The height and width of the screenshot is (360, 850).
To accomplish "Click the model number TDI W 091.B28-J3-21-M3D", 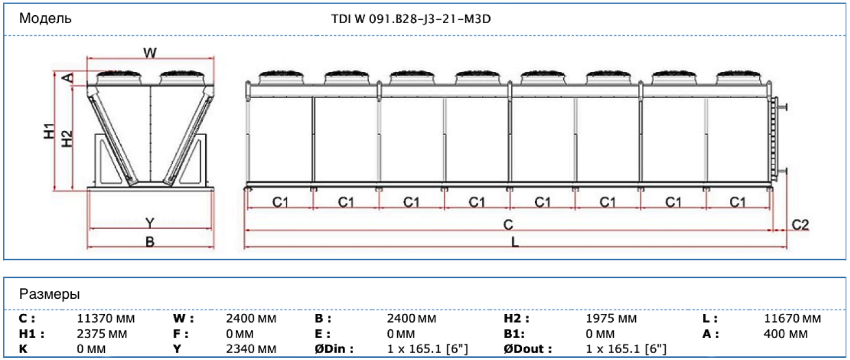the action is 411,19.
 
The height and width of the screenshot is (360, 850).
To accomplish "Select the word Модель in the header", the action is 45,18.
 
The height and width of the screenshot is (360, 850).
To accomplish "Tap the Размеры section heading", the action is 49,294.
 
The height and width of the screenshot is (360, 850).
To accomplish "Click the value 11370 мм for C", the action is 106,318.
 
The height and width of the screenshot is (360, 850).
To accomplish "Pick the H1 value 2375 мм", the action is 102,334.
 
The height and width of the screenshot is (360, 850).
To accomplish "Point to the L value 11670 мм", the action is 792,318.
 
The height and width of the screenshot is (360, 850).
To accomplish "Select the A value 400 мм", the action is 785,334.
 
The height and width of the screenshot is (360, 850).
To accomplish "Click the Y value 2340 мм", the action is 251,349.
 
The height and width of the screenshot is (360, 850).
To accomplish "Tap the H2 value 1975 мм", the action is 611,318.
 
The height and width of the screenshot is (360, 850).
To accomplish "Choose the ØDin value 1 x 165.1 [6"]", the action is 428,349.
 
